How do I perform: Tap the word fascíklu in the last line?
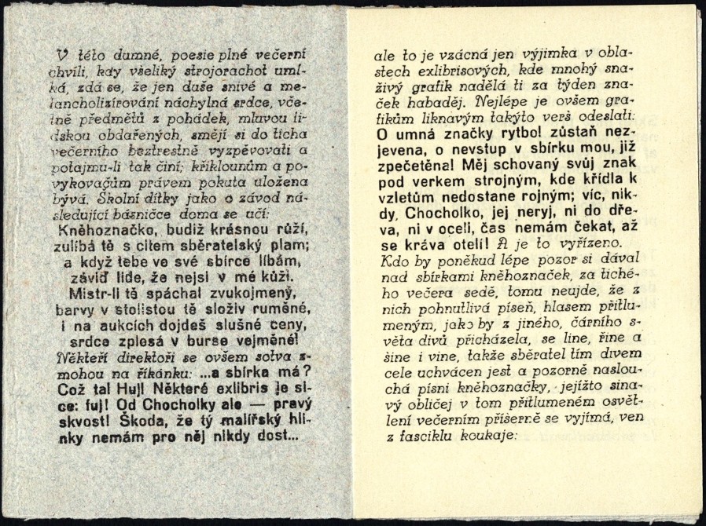coord(420,437)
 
